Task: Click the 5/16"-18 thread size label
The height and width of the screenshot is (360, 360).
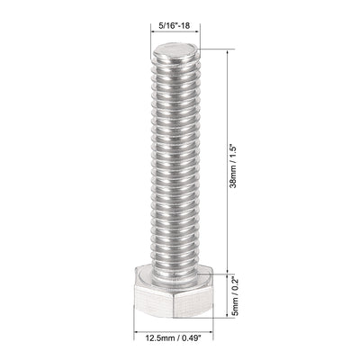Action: [172, 28]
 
